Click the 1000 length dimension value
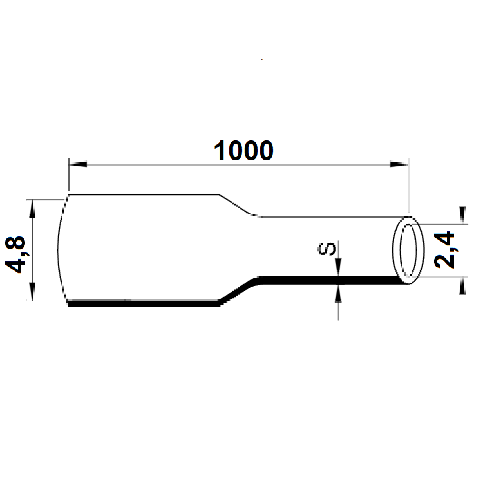243,151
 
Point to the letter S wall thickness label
328,249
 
